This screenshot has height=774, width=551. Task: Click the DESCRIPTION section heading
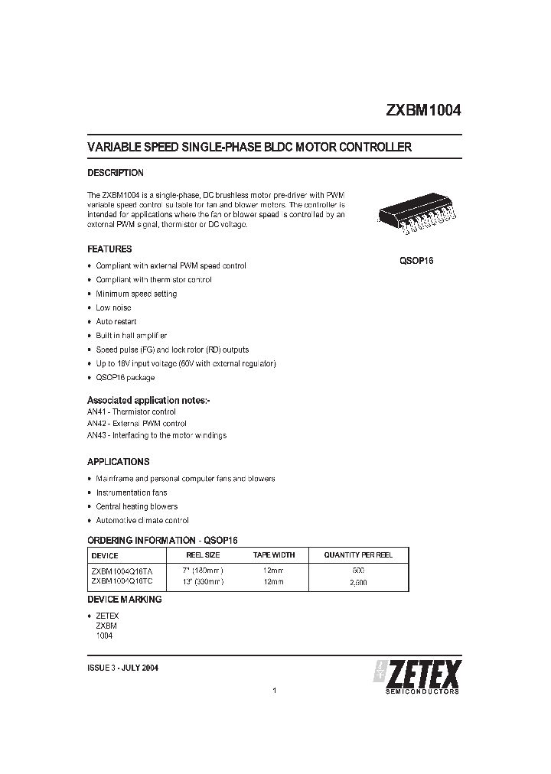pos(116,173)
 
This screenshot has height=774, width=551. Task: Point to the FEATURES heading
pos(109,249)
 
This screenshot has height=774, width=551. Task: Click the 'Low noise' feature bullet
pos(113,307)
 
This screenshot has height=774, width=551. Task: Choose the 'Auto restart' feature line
pos(116,322)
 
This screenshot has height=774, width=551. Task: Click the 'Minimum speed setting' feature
pos(136,294)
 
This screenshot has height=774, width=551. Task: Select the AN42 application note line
pos(137,424)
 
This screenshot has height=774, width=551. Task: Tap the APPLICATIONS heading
pos(119,462)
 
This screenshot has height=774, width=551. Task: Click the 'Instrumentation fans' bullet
pos(131,493)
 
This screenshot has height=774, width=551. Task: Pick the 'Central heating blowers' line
pos(136,506)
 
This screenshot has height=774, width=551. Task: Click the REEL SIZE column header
pos(203,554)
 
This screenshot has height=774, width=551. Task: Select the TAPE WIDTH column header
pos(273,554)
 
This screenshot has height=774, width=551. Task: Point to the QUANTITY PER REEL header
pos(358,554)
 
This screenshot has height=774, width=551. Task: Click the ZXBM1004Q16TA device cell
pos(122,571)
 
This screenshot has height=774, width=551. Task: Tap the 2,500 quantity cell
pos(358,582)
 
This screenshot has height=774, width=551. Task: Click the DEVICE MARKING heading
pos(124,600)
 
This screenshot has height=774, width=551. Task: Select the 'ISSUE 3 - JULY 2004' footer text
pos(123,668)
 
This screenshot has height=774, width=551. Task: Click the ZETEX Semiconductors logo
pos(417,676)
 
